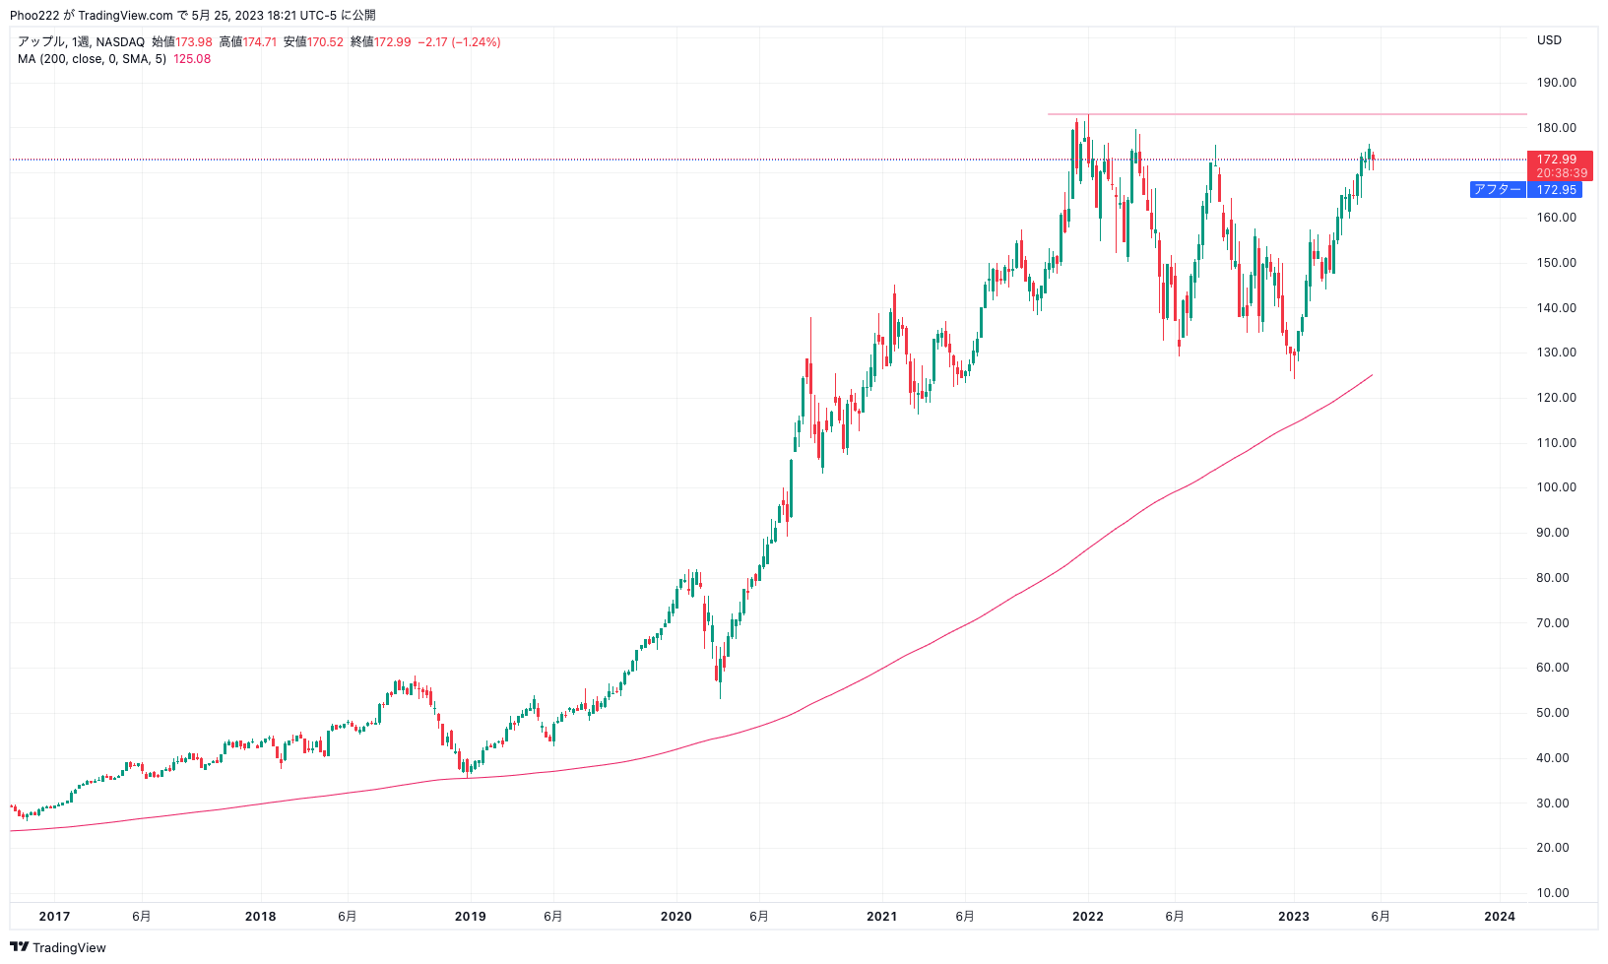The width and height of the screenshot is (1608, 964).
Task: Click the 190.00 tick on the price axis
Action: [x=1557, y=83]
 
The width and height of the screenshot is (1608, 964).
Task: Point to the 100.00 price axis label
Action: [x=1557, y=487]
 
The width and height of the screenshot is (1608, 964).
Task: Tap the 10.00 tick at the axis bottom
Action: [x=1557, y=893]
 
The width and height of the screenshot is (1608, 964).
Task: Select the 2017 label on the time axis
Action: [x=54, y=917]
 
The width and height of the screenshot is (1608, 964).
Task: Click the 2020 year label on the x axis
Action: [x=676, y=917]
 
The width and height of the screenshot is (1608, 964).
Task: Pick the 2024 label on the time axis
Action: [x=1500, y=917]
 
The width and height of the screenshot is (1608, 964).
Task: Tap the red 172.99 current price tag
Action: [x=1560, y=165]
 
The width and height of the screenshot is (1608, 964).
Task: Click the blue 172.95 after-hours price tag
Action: [x=1555, y=189]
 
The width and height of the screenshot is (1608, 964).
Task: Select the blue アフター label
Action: [x=1498, y=189]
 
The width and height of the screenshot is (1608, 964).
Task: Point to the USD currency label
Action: [x=1549, y=40]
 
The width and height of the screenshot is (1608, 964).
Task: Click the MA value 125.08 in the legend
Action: [x=192, y=59]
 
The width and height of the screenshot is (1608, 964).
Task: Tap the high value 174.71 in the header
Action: [x=259, y=42]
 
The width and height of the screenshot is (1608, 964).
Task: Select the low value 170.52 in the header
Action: [x=325, y=42]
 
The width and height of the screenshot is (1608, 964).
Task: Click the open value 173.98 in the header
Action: [x=194, y=42]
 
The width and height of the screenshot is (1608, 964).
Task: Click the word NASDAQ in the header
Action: [x=120, y=42]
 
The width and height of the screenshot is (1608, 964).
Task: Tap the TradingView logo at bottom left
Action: [x=57, y=947]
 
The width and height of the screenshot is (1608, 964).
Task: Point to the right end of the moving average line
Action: [x=1372, y=375]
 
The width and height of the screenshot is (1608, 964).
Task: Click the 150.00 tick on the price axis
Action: [x=1557, y=263]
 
